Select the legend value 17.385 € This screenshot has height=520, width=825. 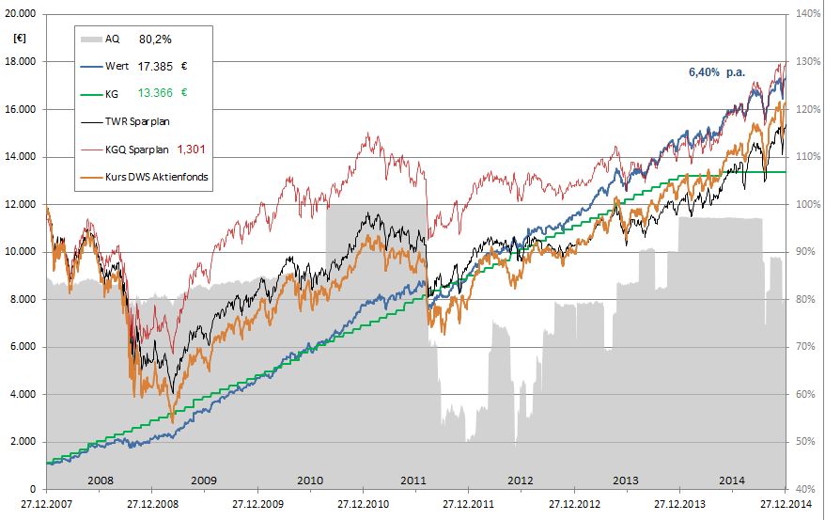tap(161, 67)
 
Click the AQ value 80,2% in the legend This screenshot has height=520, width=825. tap(155, 39)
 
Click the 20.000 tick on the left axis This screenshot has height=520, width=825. tap(20, 14)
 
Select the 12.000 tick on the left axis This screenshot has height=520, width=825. tap(20, 204)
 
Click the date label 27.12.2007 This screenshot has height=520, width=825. tap(45, 504)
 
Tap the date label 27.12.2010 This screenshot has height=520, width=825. tap(363, 504)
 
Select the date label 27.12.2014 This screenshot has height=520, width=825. tap(786, 504)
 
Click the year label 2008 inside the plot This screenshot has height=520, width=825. tap(100, 480)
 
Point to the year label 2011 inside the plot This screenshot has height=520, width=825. tap(414, 480)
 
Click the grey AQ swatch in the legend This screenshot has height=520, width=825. tap(90, 39)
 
